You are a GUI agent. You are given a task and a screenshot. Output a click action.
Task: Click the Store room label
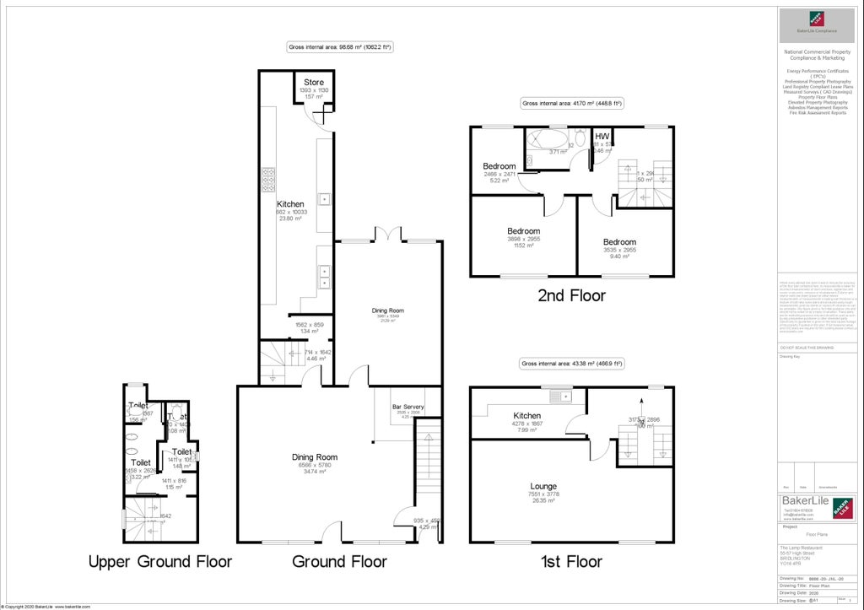(x=314, y=82)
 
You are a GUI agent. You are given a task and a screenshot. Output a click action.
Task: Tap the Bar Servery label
(x=408, y=408)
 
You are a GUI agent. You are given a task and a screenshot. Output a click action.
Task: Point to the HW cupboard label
(x=602, y=137)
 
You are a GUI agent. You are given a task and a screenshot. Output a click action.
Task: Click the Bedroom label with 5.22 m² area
(x=499, y=166)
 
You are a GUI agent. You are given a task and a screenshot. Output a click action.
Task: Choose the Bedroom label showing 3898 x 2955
(x=523, y=231)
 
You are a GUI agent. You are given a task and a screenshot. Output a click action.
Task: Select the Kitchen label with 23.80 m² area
(x=291, y=204)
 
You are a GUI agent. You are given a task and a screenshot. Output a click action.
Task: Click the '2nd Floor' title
(x=571, y=296)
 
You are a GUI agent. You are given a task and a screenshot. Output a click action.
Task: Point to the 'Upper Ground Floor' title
(x=159, y=562)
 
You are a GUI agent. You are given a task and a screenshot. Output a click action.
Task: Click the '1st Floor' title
(x=571, y=562)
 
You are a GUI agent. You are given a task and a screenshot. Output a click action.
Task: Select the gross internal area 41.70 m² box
(x=571, y=104)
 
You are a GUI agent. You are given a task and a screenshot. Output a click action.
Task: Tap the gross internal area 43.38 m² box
(x=571, y=364)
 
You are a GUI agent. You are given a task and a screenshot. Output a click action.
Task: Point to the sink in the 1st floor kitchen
(x=557, y=396)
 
